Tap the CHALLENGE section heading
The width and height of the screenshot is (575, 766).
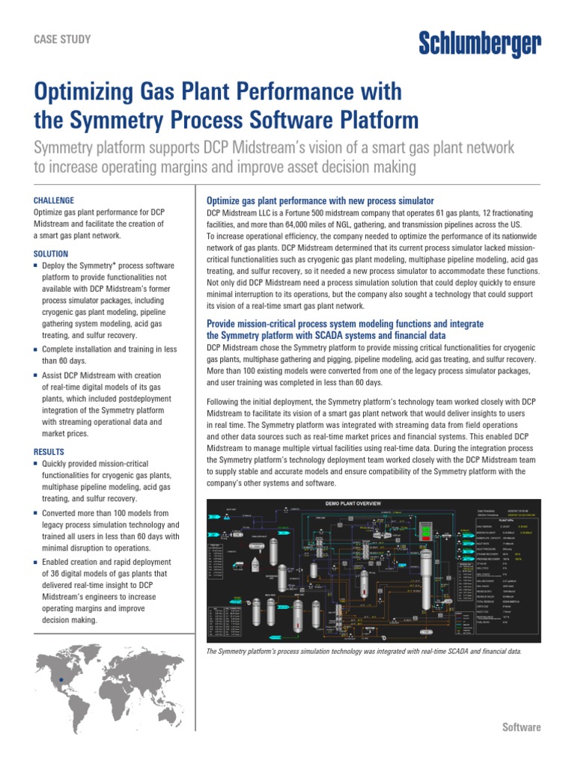(x=55, y=200)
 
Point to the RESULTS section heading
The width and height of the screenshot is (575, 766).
(x=49, y=452)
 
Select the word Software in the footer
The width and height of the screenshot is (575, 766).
(x=521, y=727)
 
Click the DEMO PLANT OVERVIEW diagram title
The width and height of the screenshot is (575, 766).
(x=356, y=503)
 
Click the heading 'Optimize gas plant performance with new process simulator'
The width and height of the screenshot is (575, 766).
(x=320, y=200)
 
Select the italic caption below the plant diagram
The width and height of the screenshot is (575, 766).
(x=363, y=652)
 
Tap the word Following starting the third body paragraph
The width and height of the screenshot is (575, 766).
(x=225, y=402)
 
